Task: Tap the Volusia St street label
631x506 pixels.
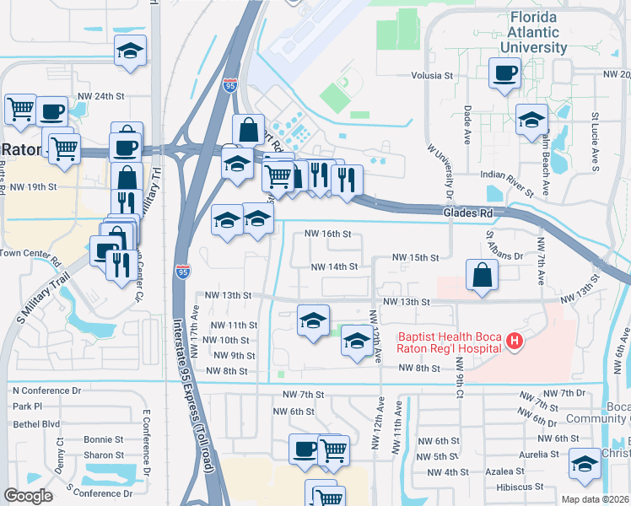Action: click(x=433, y=75)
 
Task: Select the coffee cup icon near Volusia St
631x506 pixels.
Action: click(x=505, y=73)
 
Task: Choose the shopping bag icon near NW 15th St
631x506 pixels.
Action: click(x=481, y=275)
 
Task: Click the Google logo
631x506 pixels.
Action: click(x=28, y=496)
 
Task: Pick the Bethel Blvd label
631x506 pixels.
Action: click(x=36, y=424)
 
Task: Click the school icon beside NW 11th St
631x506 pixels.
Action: click(x=313, y=320)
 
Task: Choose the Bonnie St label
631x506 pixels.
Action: click(x=104, y=439)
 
